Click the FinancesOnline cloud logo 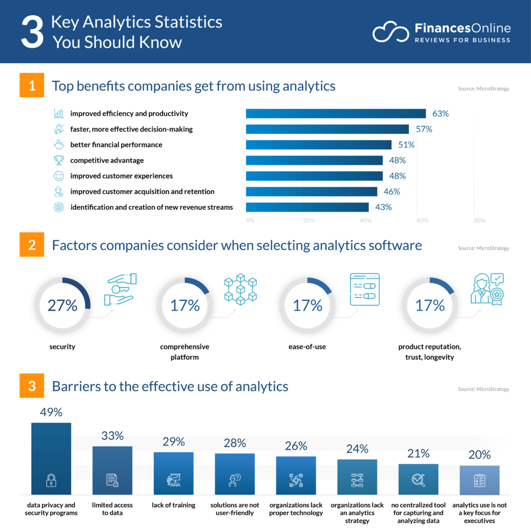pyautogui.click(x=390, y=33)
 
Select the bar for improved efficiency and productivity pyautogui.click(x=336, y=114)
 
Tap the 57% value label pyautogui.click(x=424, y=129)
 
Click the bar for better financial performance pyautogui.click(x=318, y=145)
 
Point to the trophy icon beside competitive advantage pyautogui.click(x=59, y=160)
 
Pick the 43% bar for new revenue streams pyautogui.click(x=307, y=207)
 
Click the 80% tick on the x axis pyautogui.click(x=479, y=221)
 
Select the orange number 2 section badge pyautogui.click(x=32, y=245)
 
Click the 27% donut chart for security pyautogui.click(x=62, y=305)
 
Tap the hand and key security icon pyautogui.click(x=119, y=289)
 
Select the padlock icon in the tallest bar pyautogui.click(x=51, y=481)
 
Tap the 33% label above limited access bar pyautogui.click(x=112, y=436)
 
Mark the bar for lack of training pyautogui.click(x=173, y=473)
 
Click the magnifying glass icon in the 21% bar pyautogui.click(x=418, y=481)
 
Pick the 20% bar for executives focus pyautogui.click(x=479, y=480)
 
